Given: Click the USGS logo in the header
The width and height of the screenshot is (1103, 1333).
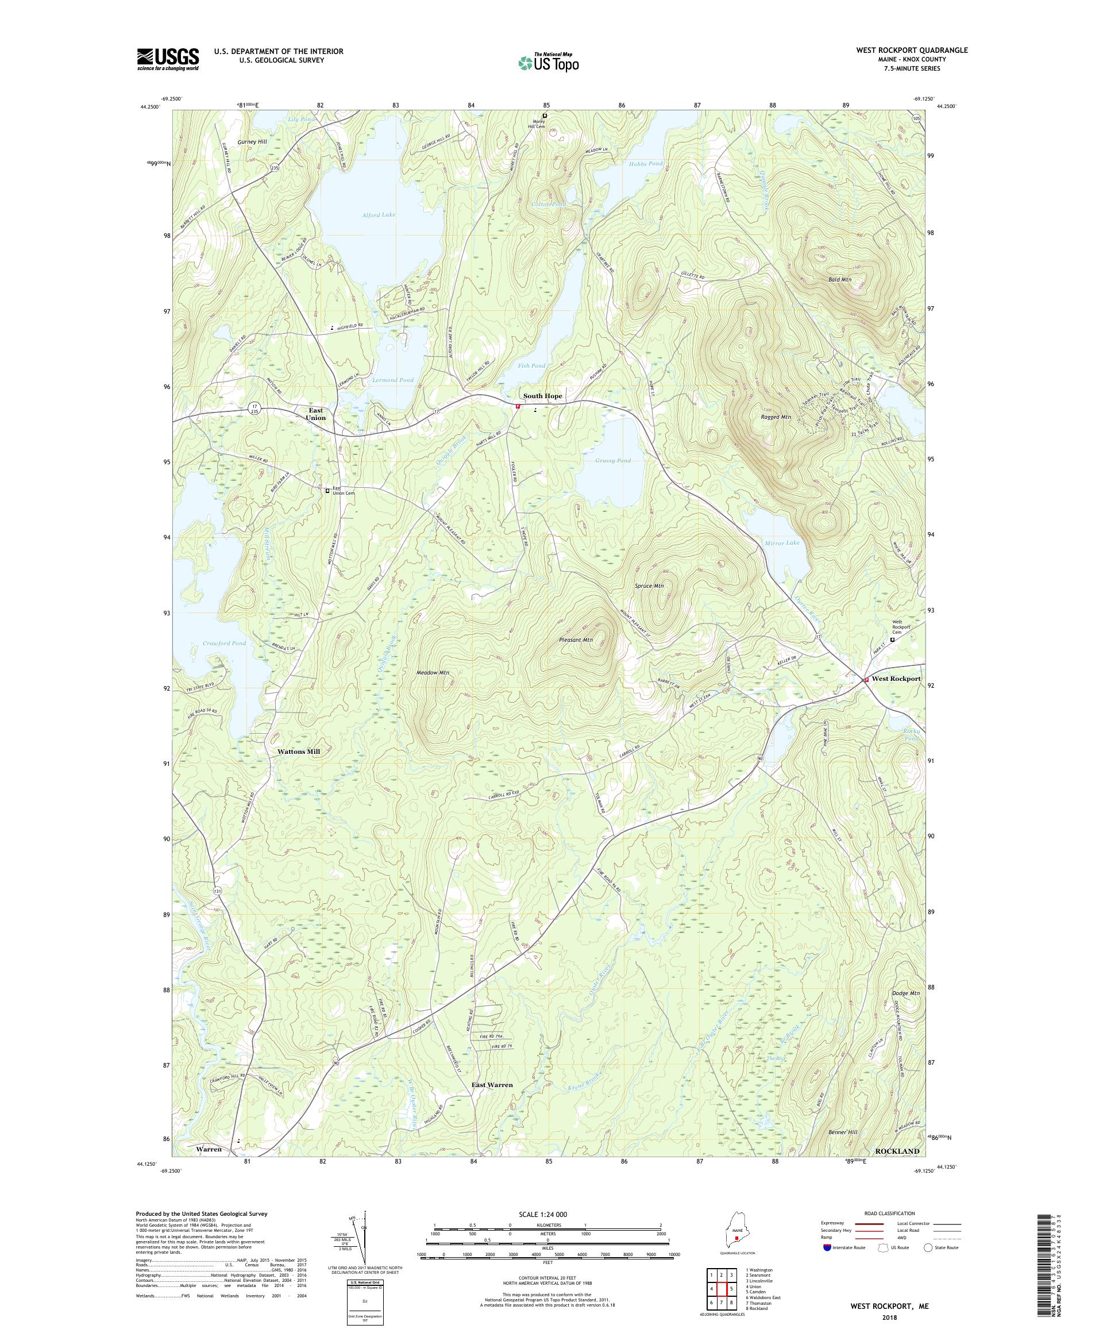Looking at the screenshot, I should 168,60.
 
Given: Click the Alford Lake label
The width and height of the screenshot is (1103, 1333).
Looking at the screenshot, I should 379,215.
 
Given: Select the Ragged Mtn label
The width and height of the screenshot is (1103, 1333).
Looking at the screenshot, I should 776,417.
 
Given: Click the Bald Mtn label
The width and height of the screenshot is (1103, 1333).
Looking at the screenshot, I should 840,279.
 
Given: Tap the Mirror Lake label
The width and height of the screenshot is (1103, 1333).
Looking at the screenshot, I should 781,544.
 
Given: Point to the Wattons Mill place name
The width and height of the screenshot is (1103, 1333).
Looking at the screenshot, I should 299,752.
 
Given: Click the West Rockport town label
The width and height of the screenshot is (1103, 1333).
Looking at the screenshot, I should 896,679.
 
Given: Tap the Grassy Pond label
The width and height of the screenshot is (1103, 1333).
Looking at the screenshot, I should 613,461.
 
